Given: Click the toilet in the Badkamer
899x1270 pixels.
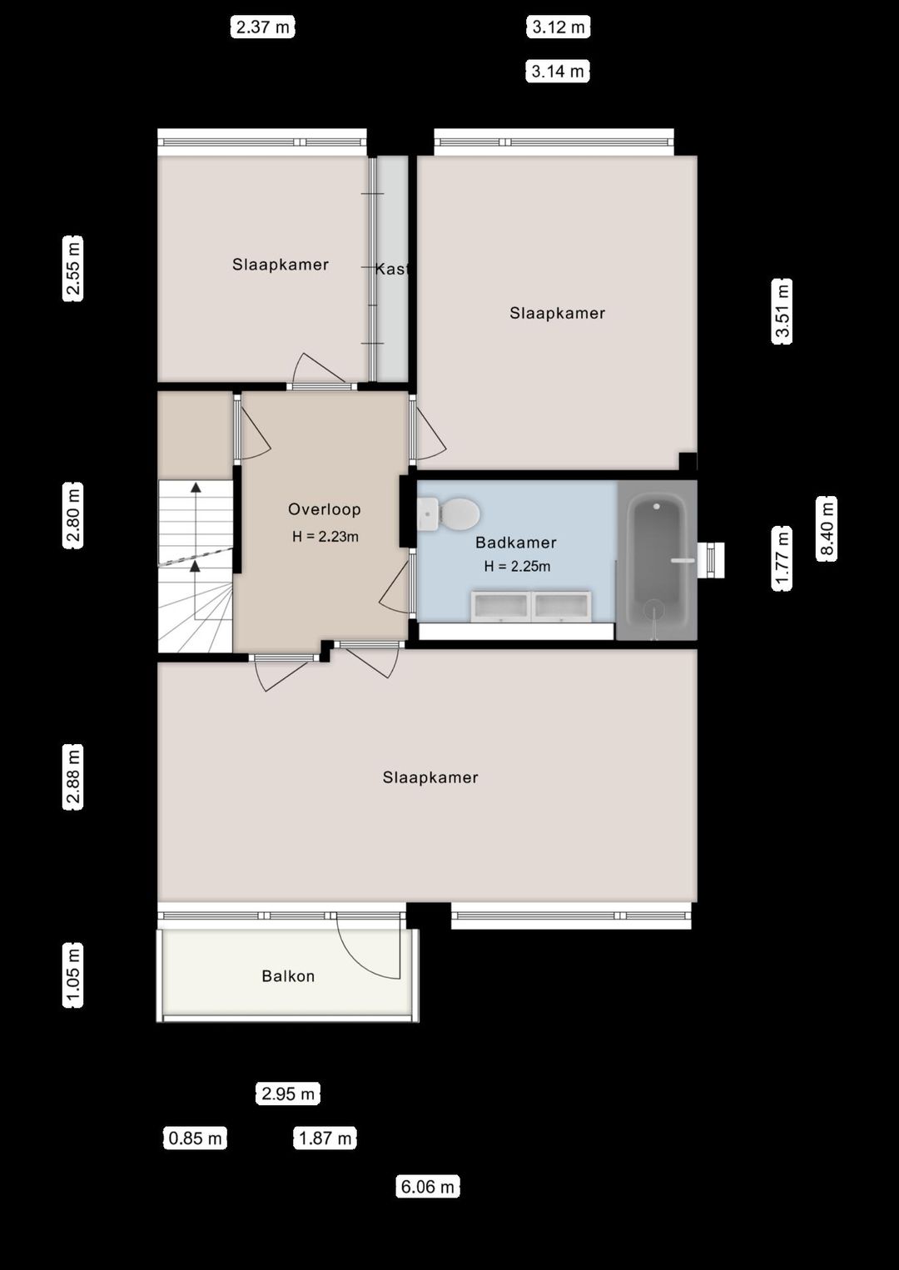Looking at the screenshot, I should (x=449, y=513).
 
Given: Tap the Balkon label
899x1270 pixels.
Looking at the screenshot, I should (x=288, y=976).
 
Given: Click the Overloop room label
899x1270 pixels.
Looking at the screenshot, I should (x=324, y=509).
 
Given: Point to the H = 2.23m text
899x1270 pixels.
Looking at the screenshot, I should (x=325, y=537).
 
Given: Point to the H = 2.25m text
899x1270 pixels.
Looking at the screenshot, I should (x=517, y=567).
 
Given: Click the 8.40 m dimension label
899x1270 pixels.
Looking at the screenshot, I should (x=827, y=529).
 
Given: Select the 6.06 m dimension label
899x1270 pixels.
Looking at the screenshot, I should (x=428, y=1187).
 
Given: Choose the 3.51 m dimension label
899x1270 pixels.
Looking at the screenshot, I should (x=782, y=311).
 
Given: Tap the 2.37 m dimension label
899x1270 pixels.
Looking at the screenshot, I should (x=263, y=27).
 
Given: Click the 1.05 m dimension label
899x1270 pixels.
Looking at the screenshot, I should (x=73, y=975).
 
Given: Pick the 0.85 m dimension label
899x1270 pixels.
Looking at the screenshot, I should (x=196, y=1139).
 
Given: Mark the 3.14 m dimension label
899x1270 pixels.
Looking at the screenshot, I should (x=558, y=72).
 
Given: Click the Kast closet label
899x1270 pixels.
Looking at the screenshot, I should (x=391, y=269).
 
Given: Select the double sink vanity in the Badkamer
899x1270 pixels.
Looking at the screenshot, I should (x=531, y=606).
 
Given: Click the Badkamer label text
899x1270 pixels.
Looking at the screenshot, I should (x=515, y=543).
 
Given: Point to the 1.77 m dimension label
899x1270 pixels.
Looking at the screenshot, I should (x=782, y=558).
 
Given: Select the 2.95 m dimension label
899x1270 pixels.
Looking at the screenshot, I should (x=288, y=1094).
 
